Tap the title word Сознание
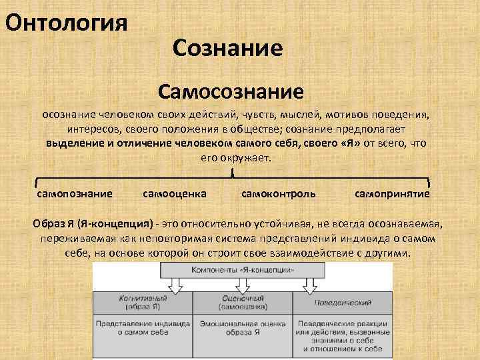[227, 47]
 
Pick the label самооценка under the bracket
[175, 193]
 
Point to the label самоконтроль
[279, 193]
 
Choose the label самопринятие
[392, 193]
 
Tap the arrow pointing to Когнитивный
[175, 286]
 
